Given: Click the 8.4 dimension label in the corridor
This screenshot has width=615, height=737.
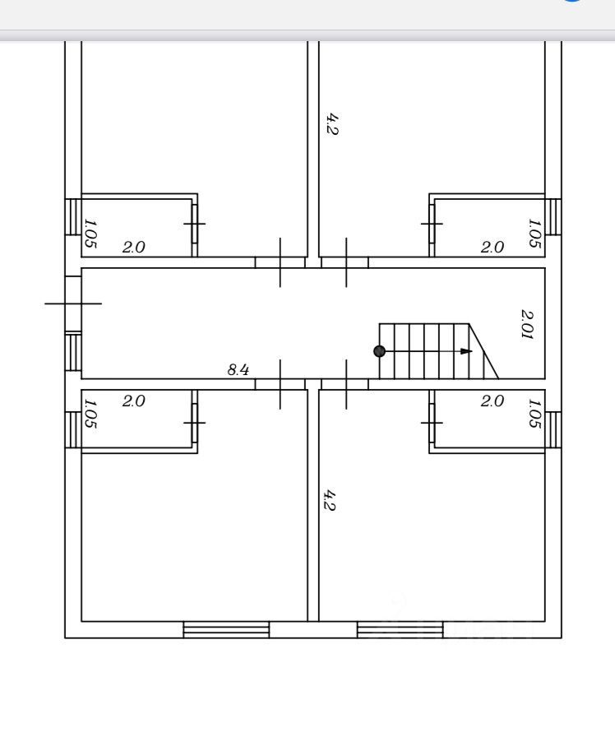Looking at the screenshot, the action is pos(238,370).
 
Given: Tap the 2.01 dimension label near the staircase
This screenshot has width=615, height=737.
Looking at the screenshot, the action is pos(528,324).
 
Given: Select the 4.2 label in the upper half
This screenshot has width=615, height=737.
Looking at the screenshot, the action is pos(332,124).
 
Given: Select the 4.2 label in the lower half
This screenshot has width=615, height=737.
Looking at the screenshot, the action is pos(330,500).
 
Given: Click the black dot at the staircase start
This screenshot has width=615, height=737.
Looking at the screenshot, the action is pos(380,351).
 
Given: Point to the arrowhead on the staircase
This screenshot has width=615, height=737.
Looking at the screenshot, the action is pos(466,351).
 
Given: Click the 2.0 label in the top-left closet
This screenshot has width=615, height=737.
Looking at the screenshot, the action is pos(134,248).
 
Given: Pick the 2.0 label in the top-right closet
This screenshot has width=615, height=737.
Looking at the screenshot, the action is pos(492,248).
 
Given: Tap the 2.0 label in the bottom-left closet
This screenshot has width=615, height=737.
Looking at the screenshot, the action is pos(134,401).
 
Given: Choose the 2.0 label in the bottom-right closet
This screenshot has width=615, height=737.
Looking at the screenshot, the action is pos(492,401).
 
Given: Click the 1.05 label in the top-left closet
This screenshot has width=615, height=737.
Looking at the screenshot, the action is pos(90,234).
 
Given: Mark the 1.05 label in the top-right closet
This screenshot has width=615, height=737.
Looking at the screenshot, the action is pos(534,234).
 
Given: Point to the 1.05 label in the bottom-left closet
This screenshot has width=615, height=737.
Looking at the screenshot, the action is pos(90,414).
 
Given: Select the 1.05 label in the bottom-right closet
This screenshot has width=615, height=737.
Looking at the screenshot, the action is pos(534,414).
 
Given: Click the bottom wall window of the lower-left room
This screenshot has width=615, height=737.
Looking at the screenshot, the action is pos(226,629).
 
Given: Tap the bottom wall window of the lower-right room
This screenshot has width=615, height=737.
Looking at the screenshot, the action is pos(400,629).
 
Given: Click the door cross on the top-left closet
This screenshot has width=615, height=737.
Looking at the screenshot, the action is pos(195,224).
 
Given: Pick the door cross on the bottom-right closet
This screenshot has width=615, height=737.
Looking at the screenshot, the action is pos(432,423).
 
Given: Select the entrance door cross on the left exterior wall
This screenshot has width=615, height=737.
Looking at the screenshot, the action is pos(73,304).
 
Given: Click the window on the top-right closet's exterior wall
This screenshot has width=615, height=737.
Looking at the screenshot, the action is pos(553,216).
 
